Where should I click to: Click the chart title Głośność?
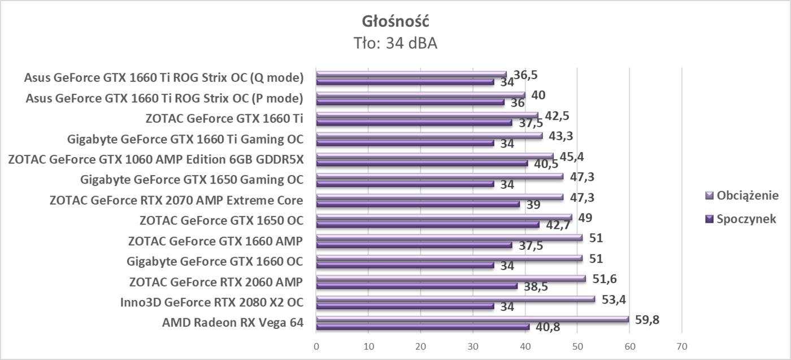(x=395, y=21)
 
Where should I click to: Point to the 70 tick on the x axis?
(x=681, y=345)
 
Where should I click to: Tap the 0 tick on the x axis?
(x=316, y=345)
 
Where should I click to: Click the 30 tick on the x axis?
(x=473, y=345)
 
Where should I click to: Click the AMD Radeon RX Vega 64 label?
(x=232, y=323)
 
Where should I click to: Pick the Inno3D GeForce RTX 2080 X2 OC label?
(x=211, y=302)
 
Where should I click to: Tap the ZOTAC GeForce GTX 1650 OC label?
(x=221, y=220)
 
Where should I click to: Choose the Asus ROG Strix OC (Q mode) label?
(x=164, y=77)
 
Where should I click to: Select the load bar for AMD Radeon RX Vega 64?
(x=472, y=319)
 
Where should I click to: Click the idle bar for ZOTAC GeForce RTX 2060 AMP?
(x=416, y=286)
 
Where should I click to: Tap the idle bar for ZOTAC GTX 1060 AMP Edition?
(x=421, y=163)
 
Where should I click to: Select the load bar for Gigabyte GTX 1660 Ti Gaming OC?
(x=429, y=136)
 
